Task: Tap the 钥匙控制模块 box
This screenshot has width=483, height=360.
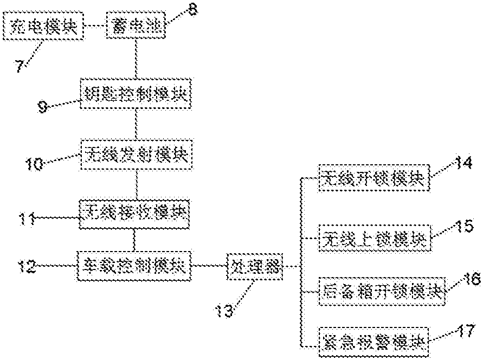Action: pos(136,94)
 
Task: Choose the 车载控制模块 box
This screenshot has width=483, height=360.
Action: pos(134,266)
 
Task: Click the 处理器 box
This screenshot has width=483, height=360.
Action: pos(253,267)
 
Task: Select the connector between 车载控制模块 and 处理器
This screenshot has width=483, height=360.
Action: pos(209,266)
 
